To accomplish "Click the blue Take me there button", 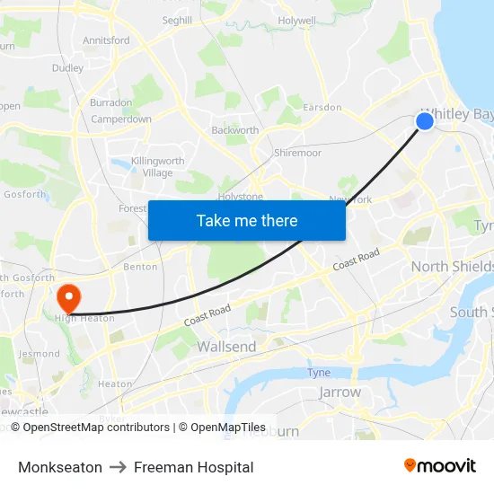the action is click(247, 220).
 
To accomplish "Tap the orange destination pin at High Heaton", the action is click(68, 296).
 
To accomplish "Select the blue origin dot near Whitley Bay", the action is click(425, 120).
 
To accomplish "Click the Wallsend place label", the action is click(225, 347).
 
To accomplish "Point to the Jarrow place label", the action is click(340, 392).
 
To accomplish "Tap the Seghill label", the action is click(177, 20).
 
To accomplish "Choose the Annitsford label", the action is click(106, 40).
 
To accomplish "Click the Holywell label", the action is click(297, 20).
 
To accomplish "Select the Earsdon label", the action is click(322, 108).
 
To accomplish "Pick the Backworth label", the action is click(234, 130).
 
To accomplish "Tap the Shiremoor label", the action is click(297, 154).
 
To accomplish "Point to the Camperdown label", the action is click(121, 119).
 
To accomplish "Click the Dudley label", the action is click(67, 68).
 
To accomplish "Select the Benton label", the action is click(140, 267).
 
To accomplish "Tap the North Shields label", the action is click(452, 267).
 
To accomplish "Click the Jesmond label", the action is click(39, 354).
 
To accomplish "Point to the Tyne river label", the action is click(319, 373).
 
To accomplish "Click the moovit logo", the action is click(440, 465).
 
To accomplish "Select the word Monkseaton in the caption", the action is click(59, 467).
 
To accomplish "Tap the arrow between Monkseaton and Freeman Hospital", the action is click(118, 467).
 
